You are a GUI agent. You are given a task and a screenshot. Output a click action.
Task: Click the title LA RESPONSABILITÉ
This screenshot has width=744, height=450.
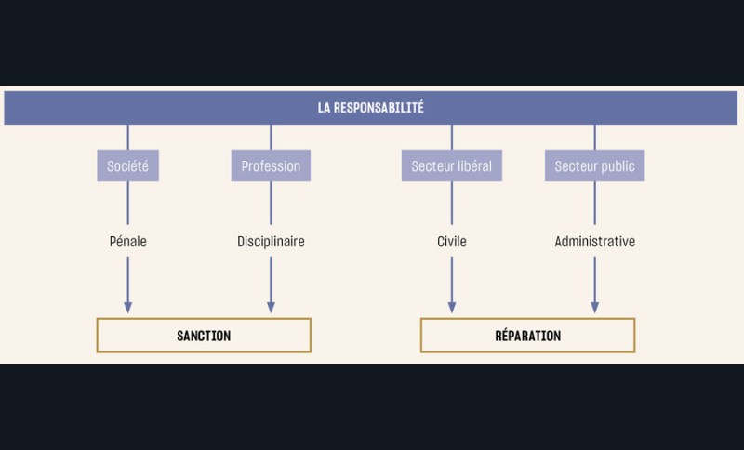370,108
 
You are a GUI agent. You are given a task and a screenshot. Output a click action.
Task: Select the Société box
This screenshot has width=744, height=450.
127,166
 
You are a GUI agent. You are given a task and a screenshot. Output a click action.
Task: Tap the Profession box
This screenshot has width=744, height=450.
271,166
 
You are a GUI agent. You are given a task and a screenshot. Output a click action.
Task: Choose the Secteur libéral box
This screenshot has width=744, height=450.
452,166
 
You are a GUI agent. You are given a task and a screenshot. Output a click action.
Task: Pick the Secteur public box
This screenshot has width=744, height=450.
594,166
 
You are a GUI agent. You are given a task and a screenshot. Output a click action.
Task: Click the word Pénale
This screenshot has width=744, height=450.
127,242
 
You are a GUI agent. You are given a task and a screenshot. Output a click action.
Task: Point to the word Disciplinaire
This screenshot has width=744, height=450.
271,242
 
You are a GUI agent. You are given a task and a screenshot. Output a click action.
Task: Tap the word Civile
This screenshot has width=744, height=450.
452,242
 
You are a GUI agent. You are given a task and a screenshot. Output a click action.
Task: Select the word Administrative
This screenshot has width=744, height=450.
594,242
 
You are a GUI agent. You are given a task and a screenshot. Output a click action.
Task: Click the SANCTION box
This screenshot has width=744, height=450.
204,336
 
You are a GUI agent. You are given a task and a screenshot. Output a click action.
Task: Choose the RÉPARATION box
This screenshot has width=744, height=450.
527,336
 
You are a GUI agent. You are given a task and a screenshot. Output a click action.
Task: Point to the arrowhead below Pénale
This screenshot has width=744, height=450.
127,307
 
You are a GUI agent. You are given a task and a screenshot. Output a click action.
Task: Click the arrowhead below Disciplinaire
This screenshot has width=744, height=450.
271,307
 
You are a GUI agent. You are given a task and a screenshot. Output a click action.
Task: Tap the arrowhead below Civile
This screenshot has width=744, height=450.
452,307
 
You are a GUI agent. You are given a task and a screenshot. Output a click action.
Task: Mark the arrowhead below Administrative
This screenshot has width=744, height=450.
594,307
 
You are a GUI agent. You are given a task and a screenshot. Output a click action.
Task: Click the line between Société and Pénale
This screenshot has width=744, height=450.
127,205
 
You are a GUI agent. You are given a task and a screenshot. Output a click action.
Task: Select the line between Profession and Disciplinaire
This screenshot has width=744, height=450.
271,205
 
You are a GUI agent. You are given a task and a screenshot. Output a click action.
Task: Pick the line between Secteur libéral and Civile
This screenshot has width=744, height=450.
452,205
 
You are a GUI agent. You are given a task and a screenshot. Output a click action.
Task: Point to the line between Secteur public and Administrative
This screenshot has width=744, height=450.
594,205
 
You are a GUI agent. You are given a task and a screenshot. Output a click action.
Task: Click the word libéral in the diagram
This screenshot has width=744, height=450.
472,166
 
